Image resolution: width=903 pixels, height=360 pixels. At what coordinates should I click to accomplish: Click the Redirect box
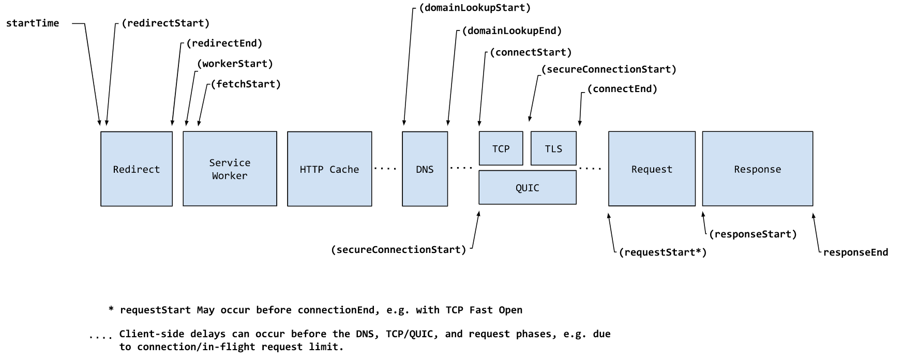click(x=137, y=169)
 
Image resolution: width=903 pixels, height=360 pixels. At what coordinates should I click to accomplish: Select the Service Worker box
click(x=230, y=169)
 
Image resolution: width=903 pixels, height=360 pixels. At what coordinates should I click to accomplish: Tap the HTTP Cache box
click(x=329, y=169)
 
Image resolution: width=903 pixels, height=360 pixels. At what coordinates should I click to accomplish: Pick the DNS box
click(x=425, y=169)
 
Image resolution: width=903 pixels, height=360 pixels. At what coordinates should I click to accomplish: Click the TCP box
click(x=501, y=148)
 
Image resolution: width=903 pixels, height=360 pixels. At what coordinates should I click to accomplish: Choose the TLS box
click(x=553, y=148)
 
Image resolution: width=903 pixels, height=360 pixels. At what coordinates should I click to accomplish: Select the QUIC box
click(x=528, y=188)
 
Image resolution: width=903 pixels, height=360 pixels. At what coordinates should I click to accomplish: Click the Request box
click(x=652, y=169)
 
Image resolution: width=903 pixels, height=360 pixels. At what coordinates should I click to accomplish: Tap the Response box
click(x=758, y=169)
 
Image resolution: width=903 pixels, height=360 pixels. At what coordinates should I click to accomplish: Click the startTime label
click(x=33, y=23)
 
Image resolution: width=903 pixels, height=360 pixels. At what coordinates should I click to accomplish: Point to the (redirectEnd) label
click(x=224, y=43)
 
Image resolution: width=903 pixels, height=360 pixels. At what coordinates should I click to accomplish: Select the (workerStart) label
click(x=235, y=64)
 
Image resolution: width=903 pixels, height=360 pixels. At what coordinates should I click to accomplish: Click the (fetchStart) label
click(x=246, y=84)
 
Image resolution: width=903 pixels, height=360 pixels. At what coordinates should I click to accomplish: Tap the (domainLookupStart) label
click(x=475, y=8)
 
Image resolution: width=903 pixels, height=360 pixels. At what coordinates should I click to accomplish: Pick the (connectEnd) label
click(x=622, y=89)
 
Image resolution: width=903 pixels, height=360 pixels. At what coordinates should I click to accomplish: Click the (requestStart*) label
click(x=663, y=252)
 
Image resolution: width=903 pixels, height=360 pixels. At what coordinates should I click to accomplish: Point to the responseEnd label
click(x=855, y=252)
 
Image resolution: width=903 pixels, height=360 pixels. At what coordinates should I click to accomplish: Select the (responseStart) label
click(x=753, y=234)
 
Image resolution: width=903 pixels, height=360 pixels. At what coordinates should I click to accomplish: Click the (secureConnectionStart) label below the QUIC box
click(x=399, y=250)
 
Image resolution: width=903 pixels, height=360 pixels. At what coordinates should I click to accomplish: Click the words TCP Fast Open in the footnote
click(x=484, y=310)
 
